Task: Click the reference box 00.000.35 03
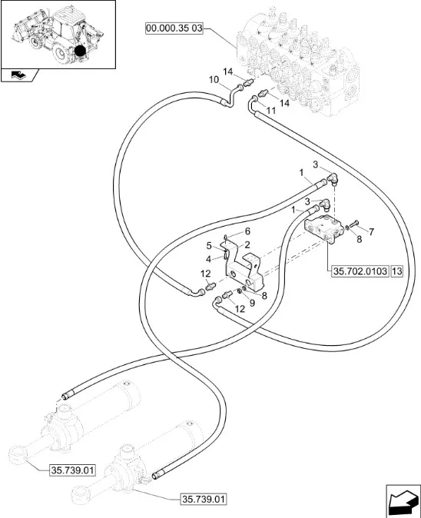(x=174, y=28)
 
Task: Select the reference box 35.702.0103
(x=360, y=271)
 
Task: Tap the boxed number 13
(x=396, y=271)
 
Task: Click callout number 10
(x=214, y=80)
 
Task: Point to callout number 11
(x=270, y=111)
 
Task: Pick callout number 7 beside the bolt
(x=371, y=232)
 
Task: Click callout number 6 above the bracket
(x=247, y=231)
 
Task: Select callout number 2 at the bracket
(x=247, y=245)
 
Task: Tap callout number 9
(x=252, y=303)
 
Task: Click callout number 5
(x=209, y=246)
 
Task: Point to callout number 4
(x=208, y=259)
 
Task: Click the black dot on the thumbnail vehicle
(x=80, y=51)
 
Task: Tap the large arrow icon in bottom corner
(x=403, y=500)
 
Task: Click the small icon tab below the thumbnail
(x=19, y=75)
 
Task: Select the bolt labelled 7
(x=353, y=224)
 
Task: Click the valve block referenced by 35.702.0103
(x=324, y=229)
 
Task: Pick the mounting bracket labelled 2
(x=244, y=264)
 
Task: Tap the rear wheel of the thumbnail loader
(x=61, y=53)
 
